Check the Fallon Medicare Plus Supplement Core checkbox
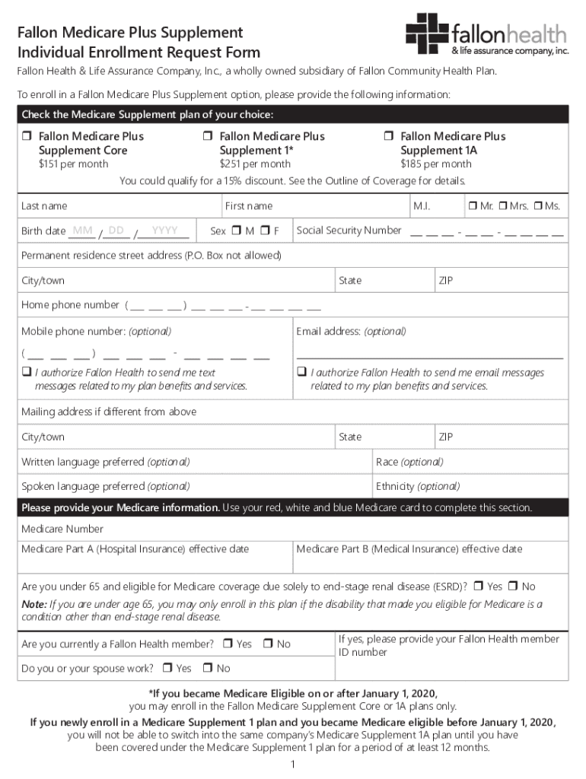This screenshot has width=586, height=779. pyautogui.click(x=27, y=136)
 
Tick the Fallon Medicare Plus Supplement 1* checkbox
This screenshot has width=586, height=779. pyautogui.click(x=207, y=136)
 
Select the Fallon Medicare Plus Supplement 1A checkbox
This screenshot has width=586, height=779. pyautogui.click(x=388, y=136)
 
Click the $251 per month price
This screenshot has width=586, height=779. pyautogui.click(x=255, y=164)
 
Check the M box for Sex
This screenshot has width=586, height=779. pyautogui.click(x=237, y=231)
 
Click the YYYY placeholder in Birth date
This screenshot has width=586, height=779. pyautogui.click(x=164, y=231)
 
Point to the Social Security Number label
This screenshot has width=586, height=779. pyautogui.click(x=349, y=231)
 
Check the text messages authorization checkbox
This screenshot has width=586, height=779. pyautogui.click(x=26, y=373)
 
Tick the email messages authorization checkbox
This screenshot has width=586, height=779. pyautogui.click(x=301, y=373)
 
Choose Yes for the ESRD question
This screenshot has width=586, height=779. pyautogui.click(x=478, y=587)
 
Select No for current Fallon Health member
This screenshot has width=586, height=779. pyautogui.click(x=268, y=644)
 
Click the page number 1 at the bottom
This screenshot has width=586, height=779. pyautogui.click(x=293, y=764)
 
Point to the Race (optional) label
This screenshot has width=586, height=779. pyautogui.click(x=409, y=462)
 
